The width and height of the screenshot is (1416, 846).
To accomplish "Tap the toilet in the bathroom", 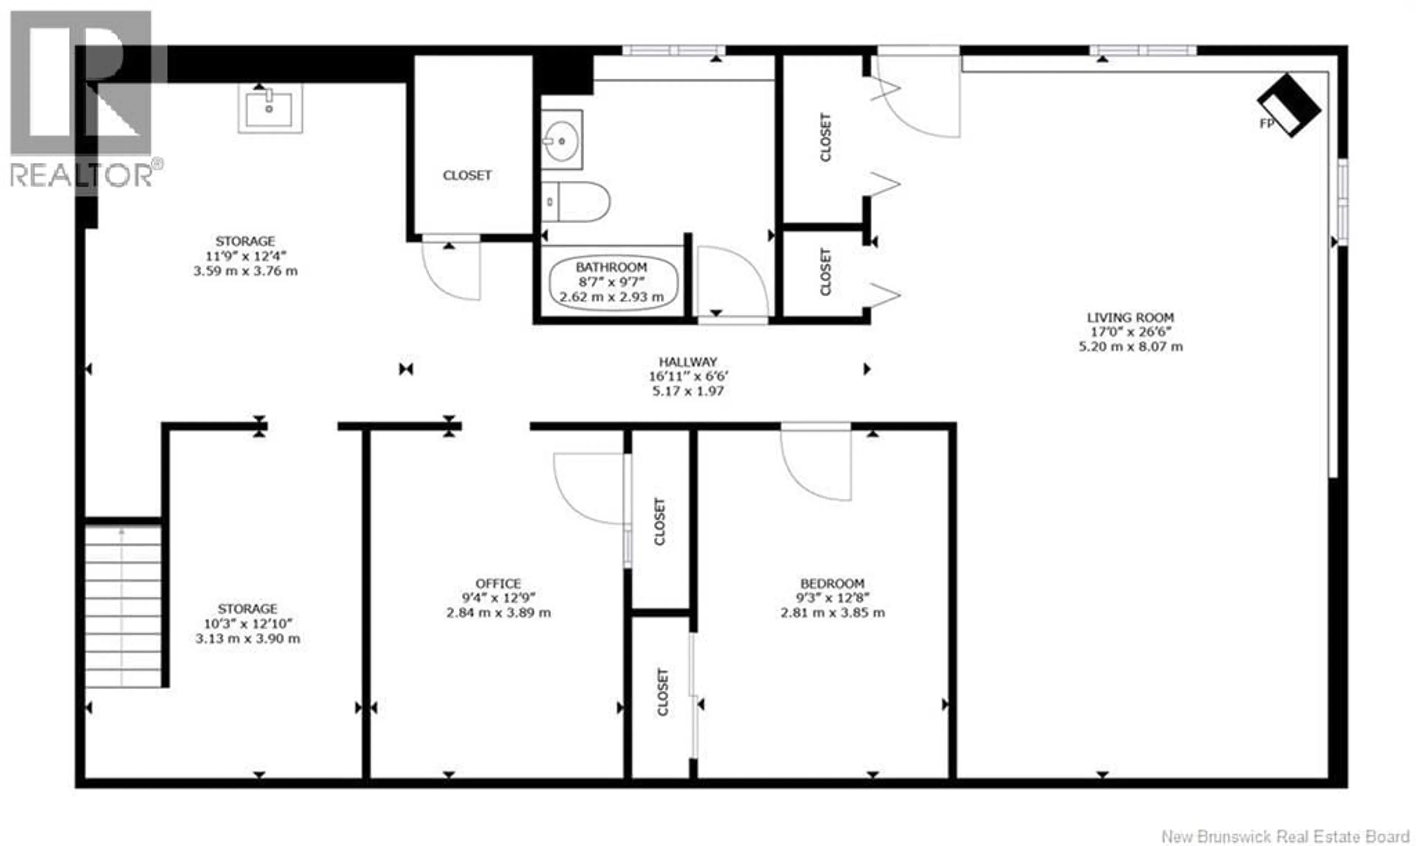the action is (575, 202).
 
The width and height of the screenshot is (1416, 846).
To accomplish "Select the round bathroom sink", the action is (562, 140).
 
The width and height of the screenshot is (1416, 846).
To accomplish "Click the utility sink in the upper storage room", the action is (270, 109).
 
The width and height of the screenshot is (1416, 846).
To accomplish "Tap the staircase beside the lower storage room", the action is (123, 606).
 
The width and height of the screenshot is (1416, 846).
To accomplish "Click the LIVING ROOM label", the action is (1130, 317).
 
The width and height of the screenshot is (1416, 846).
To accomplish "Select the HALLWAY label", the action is (688, 361).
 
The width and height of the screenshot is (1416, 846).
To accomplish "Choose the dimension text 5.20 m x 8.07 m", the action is (1130, 346).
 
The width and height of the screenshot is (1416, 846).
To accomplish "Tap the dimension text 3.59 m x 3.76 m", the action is (245, 271).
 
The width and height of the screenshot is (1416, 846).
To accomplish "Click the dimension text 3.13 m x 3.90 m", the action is (247, 638).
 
